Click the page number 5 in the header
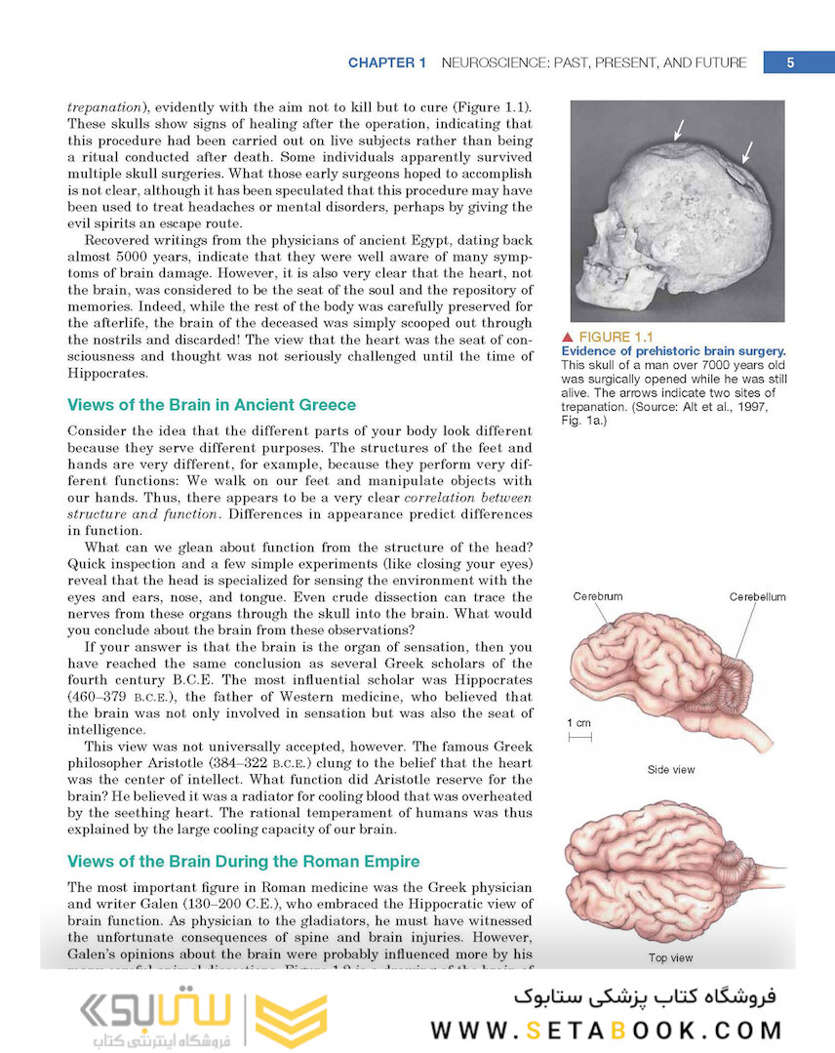790,62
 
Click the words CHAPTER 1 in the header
387,62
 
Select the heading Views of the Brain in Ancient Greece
212,405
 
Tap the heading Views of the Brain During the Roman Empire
243,861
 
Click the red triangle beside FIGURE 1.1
568,338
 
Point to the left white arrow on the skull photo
679,128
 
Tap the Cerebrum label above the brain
597,596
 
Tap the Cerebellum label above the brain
757,596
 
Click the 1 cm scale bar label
577,723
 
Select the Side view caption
671,770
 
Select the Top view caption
671,957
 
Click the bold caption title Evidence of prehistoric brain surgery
673,351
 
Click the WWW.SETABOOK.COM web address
606,1031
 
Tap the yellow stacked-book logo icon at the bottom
291,1020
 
